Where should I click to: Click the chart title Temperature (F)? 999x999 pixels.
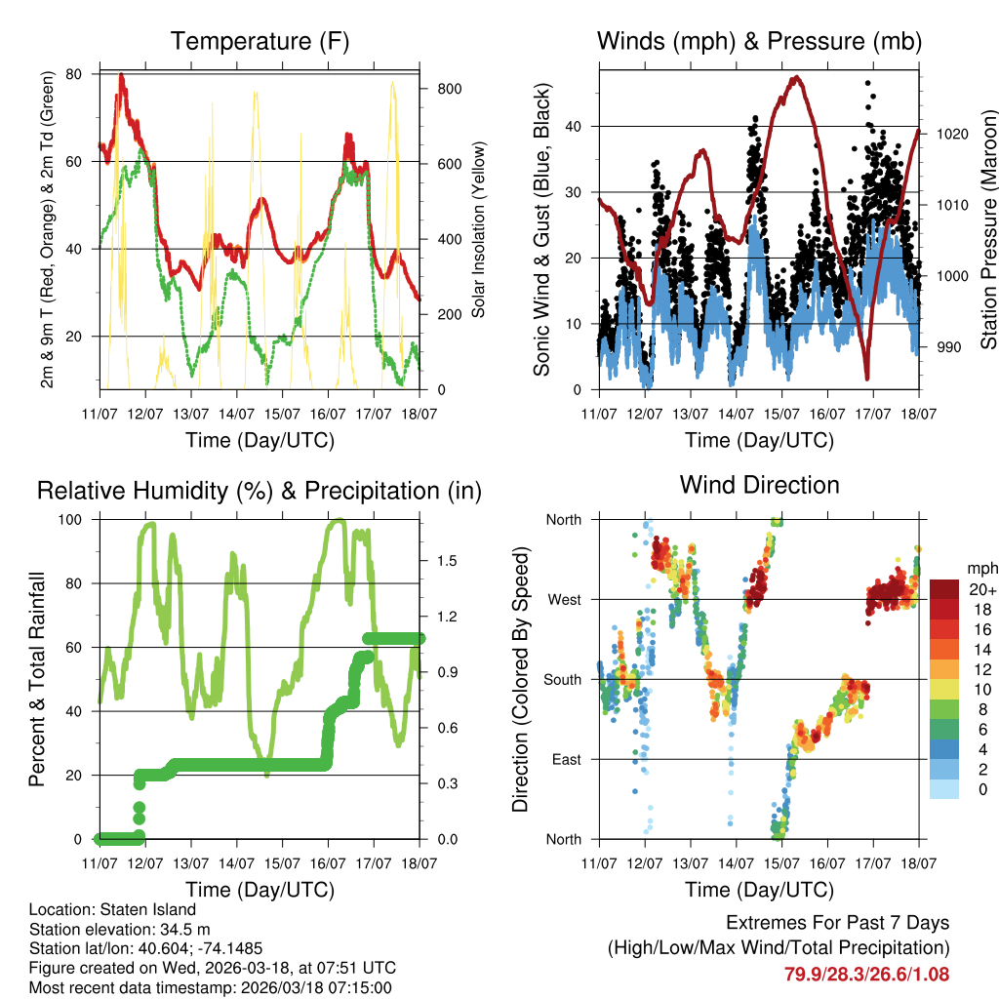point(260,42)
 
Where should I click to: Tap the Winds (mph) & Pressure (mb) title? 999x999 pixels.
point(759,42)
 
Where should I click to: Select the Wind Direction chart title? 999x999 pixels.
point(759,485)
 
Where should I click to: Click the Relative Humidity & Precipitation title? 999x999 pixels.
point(260,491)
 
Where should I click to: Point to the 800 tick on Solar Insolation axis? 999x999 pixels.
point(442,88)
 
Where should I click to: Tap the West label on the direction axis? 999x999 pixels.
point(563,599)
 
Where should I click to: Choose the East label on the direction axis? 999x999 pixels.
point(564,759)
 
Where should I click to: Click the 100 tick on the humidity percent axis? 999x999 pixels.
point(75,519)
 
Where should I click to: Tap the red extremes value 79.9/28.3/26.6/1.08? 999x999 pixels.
point(866,974)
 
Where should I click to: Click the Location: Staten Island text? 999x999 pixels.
point(112,910)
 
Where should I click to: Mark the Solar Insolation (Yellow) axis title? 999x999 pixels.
point(479,230)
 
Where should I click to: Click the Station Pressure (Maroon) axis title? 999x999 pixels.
point(988,230)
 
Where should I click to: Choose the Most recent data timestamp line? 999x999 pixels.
point(213,987)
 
